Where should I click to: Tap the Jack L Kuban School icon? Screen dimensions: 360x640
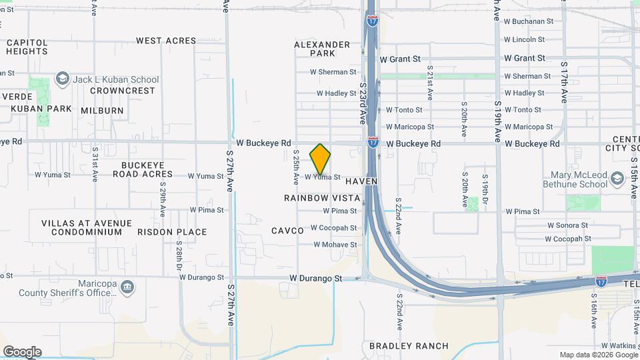(63, 79)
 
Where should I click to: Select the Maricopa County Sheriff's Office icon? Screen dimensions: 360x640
(128, 287)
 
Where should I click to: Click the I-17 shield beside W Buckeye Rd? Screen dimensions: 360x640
(373, 142)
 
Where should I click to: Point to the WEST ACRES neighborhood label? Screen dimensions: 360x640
(166, 41)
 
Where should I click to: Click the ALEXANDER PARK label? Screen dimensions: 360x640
(322, 49)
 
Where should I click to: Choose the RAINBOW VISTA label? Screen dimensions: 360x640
(322, 198)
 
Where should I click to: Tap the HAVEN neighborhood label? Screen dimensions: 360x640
(361, 181)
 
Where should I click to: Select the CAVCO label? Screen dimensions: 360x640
(287, 231)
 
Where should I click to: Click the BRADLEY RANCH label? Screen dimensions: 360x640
(409, 346)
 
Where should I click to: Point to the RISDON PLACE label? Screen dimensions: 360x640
(172, 232)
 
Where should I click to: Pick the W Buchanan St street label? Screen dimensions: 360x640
(529, 21)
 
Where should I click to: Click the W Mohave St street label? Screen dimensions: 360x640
(335, 245)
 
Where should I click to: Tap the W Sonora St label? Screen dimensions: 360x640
(568, 226)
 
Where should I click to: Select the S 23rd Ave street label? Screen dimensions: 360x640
(363, 103)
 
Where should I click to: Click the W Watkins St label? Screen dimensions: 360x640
(619, 346)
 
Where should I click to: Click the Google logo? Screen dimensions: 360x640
(22, 352)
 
